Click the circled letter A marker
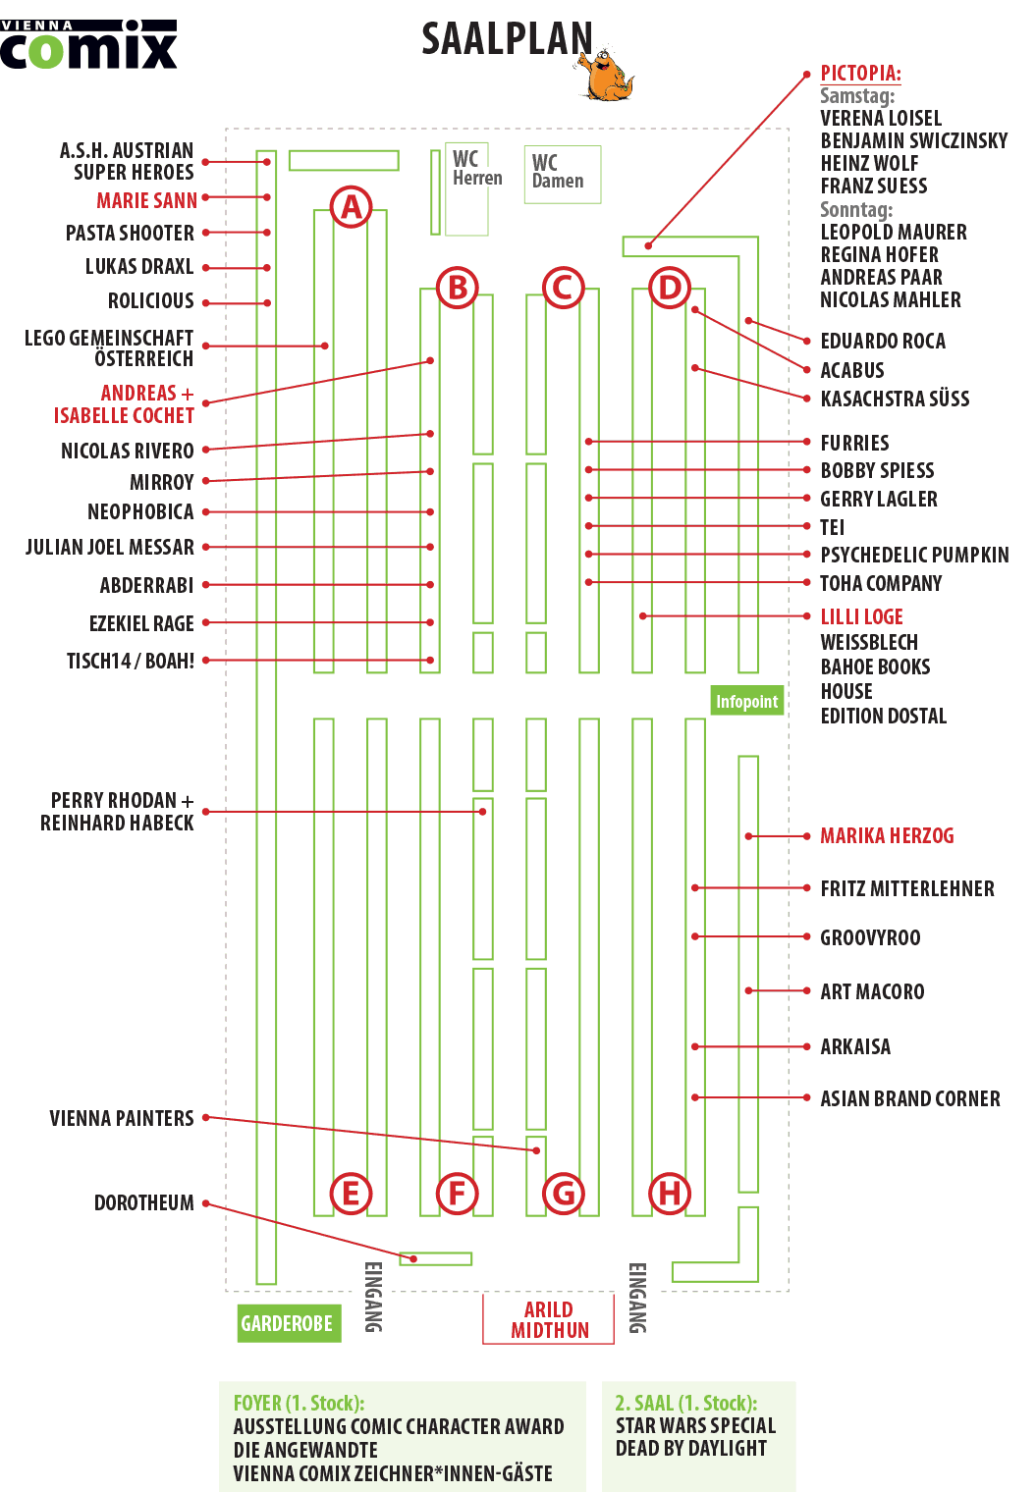click(x=351, y=206)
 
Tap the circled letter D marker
click(x=669, y=288)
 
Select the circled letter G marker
click(x=563, y=1193)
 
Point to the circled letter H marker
click(x=669, y=1193)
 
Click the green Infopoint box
click(x=746, y=701)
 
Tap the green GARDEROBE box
click(x=289, y=1323)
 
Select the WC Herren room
click(x=466, y=189)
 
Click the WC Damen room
click(x=563, y=175)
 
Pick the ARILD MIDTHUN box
click(x=548, y=1319)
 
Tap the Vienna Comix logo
click(x=88, y=44)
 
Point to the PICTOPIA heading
click(x=860, y=74)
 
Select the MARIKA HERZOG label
click(x=887, y=835)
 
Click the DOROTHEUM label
click(x=144, y=1202)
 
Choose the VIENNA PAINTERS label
click(x=121, y=1118)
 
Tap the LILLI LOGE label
click(x=861, y=616)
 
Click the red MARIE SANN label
click(x=146, y=200)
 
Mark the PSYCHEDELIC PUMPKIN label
click(x=914, y=555)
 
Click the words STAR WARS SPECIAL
click(x=695, y=1424)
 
